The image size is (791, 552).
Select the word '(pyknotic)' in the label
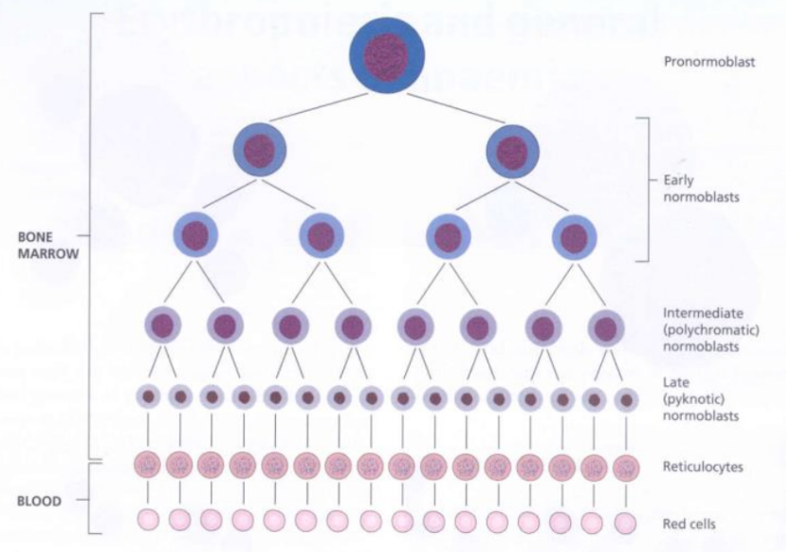692,398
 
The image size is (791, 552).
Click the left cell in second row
259,149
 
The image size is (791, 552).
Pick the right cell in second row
512,150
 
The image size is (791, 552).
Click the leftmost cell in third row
194,235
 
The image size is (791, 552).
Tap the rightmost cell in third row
573,236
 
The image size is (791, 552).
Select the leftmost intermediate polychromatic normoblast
163,326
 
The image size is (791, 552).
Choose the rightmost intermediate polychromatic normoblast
605,327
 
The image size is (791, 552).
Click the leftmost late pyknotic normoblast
149,396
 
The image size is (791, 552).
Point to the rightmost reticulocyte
624,466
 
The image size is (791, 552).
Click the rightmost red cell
624,521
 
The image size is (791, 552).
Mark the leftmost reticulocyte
148,466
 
